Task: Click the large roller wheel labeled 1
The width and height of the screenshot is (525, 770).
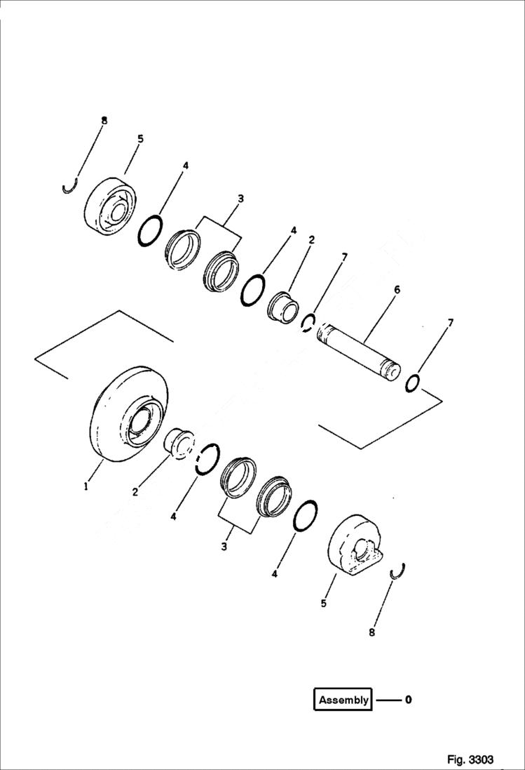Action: (x=130, y=416)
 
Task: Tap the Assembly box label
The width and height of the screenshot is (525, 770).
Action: (x=343, y=700)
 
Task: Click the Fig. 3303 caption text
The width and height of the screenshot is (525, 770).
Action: (x=470, y=759)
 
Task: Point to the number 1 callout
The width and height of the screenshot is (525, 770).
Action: (x=86, y=485)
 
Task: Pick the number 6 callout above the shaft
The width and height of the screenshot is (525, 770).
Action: (x=397, y=290)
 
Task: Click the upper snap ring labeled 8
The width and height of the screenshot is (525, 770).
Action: (x=68, y=188)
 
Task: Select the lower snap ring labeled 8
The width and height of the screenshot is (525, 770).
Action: (x=397, y=571)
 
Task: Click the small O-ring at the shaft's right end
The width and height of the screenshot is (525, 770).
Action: (x=414, y=383)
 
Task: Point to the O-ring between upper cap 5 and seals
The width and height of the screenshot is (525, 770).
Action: (x=151, y=231)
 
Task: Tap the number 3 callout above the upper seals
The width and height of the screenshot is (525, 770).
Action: (x=240, y=199)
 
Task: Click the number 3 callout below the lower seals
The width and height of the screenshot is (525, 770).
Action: (x=224, y=545)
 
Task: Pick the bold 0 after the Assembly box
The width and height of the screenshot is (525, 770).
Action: (x=408, y=700)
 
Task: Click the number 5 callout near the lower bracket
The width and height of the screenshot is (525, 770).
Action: (x=323, y=602)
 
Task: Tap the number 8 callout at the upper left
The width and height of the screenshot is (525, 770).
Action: (x=104, y=121)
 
